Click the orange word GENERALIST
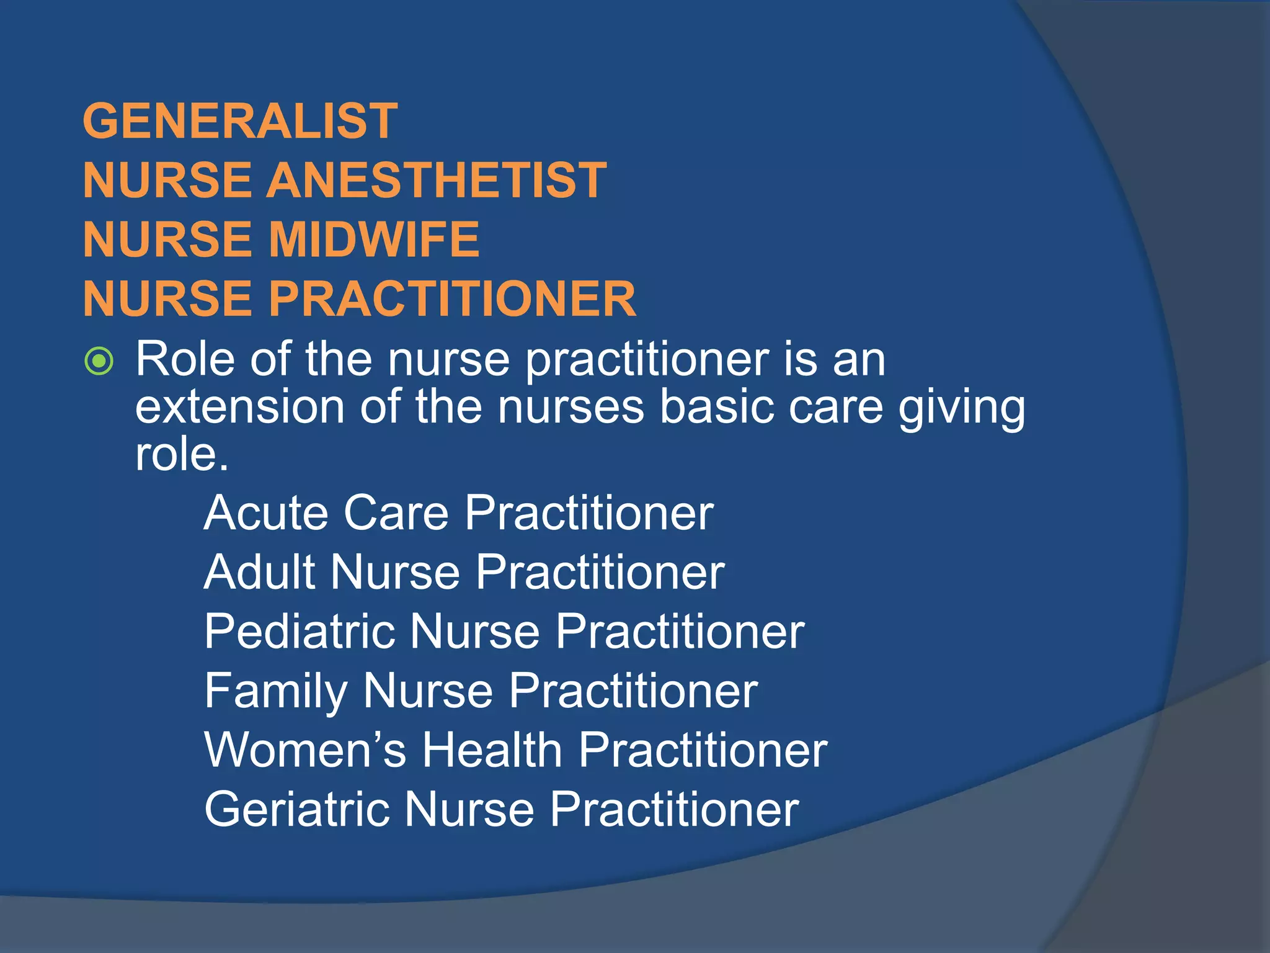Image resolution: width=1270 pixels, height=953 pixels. [240, 121]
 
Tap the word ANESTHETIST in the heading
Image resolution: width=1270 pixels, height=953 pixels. [437, 181]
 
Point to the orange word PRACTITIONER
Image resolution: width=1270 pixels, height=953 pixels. [452, 299]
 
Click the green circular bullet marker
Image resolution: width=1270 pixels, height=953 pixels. [99, 361]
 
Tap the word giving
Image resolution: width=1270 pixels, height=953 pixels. [962, 409]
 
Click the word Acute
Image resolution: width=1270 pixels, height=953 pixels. [265, 513]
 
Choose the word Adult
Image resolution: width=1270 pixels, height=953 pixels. [259, 572]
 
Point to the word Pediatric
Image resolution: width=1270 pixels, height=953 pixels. [300, 632]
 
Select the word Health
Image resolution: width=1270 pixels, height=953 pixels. [492, 750]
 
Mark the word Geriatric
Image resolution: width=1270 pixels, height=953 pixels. [297, 810]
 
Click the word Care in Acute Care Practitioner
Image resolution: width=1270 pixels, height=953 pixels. [396, 513]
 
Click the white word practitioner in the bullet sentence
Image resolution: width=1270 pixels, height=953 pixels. [647, 361]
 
